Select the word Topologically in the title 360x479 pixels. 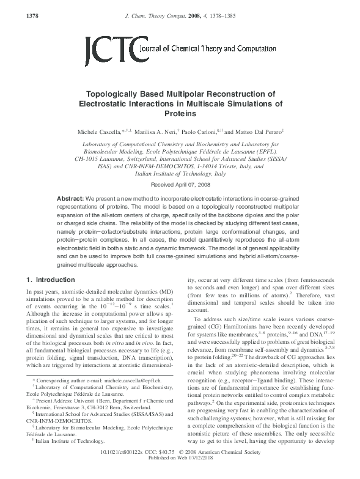tap(118, 94)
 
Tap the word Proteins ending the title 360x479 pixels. tap(180, 114)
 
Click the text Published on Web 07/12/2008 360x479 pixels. tap(180, 474)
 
